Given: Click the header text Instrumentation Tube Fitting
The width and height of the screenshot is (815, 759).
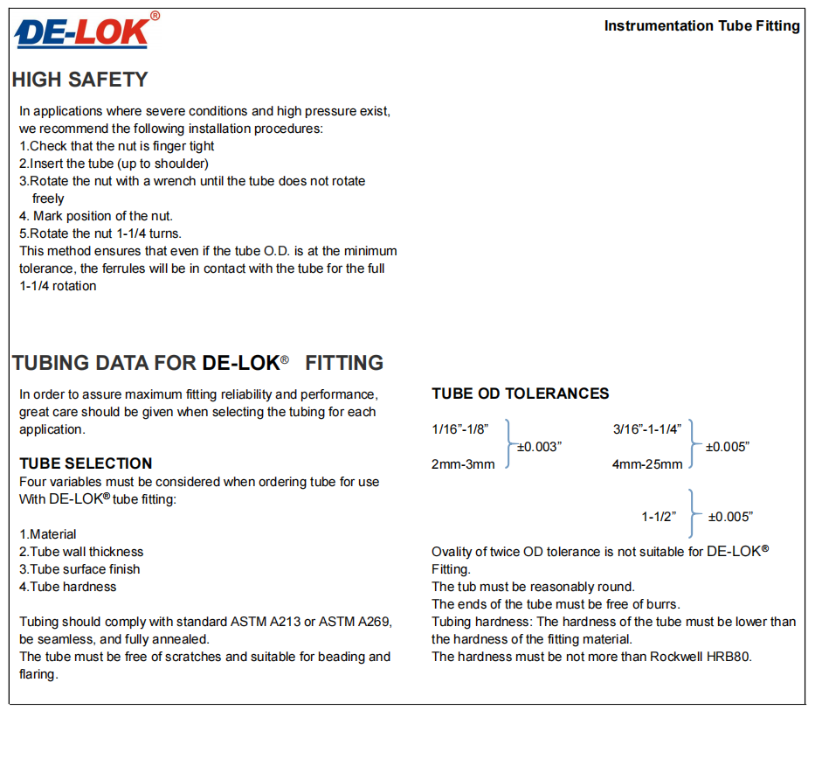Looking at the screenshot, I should [x=701, y=26].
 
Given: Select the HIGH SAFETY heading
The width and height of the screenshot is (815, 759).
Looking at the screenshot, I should [x=79, y=80].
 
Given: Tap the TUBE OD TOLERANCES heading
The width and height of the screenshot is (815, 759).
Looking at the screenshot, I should [x=520, y=393].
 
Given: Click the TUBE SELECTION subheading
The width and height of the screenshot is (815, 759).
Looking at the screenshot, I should [x=86, y=463].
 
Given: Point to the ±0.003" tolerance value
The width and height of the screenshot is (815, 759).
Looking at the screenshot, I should [x=539, y=447].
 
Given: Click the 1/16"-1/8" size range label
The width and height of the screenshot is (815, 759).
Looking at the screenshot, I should [x=459, y=428].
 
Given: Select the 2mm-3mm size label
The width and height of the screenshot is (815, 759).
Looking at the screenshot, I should [x=463, y=464].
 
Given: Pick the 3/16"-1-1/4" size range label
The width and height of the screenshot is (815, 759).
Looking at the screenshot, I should [x=648, y=428].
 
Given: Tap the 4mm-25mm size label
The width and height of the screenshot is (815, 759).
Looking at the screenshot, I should [x=647, y=464].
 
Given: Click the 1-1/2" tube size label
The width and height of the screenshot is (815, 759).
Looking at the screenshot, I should [x=659, y=517].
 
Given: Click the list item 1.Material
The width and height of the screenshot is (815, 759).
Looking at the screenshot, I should [x=48, y=534].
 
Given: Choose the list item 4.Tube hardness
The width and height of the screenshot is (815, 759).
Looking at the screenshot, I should [x=67, y=587].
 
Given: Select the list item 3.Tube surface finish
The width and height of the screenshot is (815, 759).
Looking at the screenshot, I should [x=79, y=569].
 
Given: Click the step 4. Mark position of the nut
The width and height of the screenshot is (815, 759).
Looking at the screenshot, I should [x=96, y=216].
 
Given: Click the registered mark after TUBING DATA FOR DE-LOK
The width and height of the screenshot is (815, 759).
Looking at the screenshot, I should [x=284, y=359].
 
